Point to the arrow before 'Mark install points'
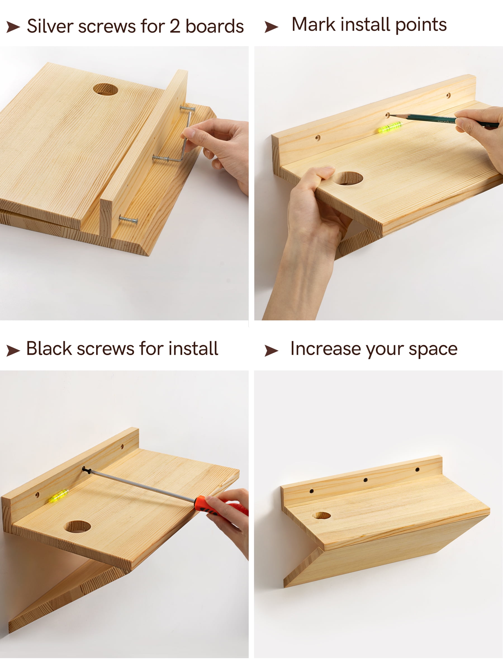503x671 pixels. [271, 27]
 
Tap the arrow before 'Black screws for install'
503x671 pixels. [13, 350]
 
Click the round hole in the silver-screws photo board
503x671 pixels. [106, 89]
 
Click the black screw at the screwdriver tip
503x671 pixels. [86, 471]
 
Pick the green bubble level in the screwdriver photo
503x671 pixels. [58, 495]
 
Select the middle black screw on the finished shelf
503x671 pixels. [365, 480]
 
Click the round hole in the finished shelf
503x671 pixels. [321, 515]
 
